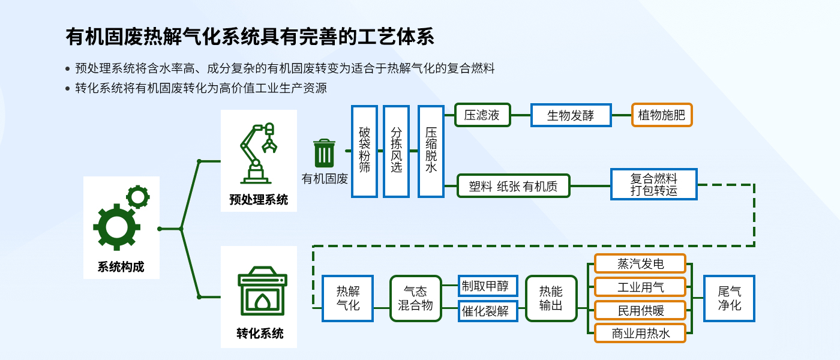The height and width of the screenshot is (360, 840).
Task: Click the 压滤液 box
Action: click(x=482, y=115)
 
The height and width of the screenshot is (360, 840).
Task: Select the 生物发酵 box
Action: click(x=571, y=115)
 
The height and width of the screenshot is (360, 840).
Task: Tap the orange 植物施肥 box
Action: click(x=662, y=115)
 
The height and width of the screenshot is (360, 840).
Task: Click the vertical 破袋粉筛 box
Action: click(x=364, y=151)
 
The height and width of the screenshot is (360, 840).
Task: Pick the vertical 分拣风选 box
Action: click(x=396, y=151)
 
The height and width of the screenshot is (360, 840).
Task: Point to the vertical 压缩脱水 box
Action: click(x=431, y=151)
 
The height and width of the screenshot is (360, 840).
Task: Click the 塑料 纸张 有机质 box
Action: click(x=513, y=186)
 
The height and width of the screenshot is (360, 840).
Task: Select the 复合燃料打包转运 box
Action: click(x=653, y=185)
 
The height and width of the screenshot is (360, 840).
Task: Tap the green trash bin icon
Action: click(x=325, y=154)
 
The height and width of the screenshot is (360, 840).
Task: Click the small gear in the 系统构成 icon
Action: click(x=138, y=197)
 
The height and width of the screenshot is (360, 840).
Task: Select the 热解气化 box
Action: click(x=347, y=298)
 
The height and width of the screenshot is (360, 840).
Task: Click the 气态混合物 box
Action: click(x=415, y=298)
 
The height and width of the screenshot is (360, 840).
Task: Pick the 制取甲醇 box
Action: click(x=488, y=286)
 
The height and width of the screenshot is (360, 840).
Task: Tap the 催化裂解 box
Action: click(x=488, y=311)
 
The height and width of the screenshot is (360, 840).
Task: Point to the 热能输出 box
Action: click(x=551, y=298)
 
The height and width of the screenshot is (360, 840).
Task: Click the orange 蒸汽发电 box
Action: click(x=640, y=263)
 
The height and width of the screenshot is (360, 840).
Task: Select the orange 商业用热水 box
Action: click(x=640, y=333)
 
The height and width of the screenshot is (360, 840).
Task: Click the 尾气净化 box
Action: click(x=729, y=298)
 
